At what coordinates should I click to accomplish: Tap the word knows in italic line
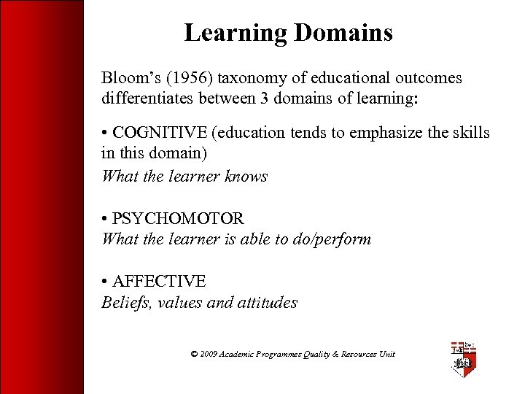(247, 176)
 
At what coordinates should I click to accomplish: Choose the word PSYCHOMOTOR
(179, 218)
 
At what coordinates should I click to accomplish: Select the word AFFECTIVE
(160, 281)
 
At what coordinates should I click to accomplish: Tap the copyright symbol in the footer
(194, 354)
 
